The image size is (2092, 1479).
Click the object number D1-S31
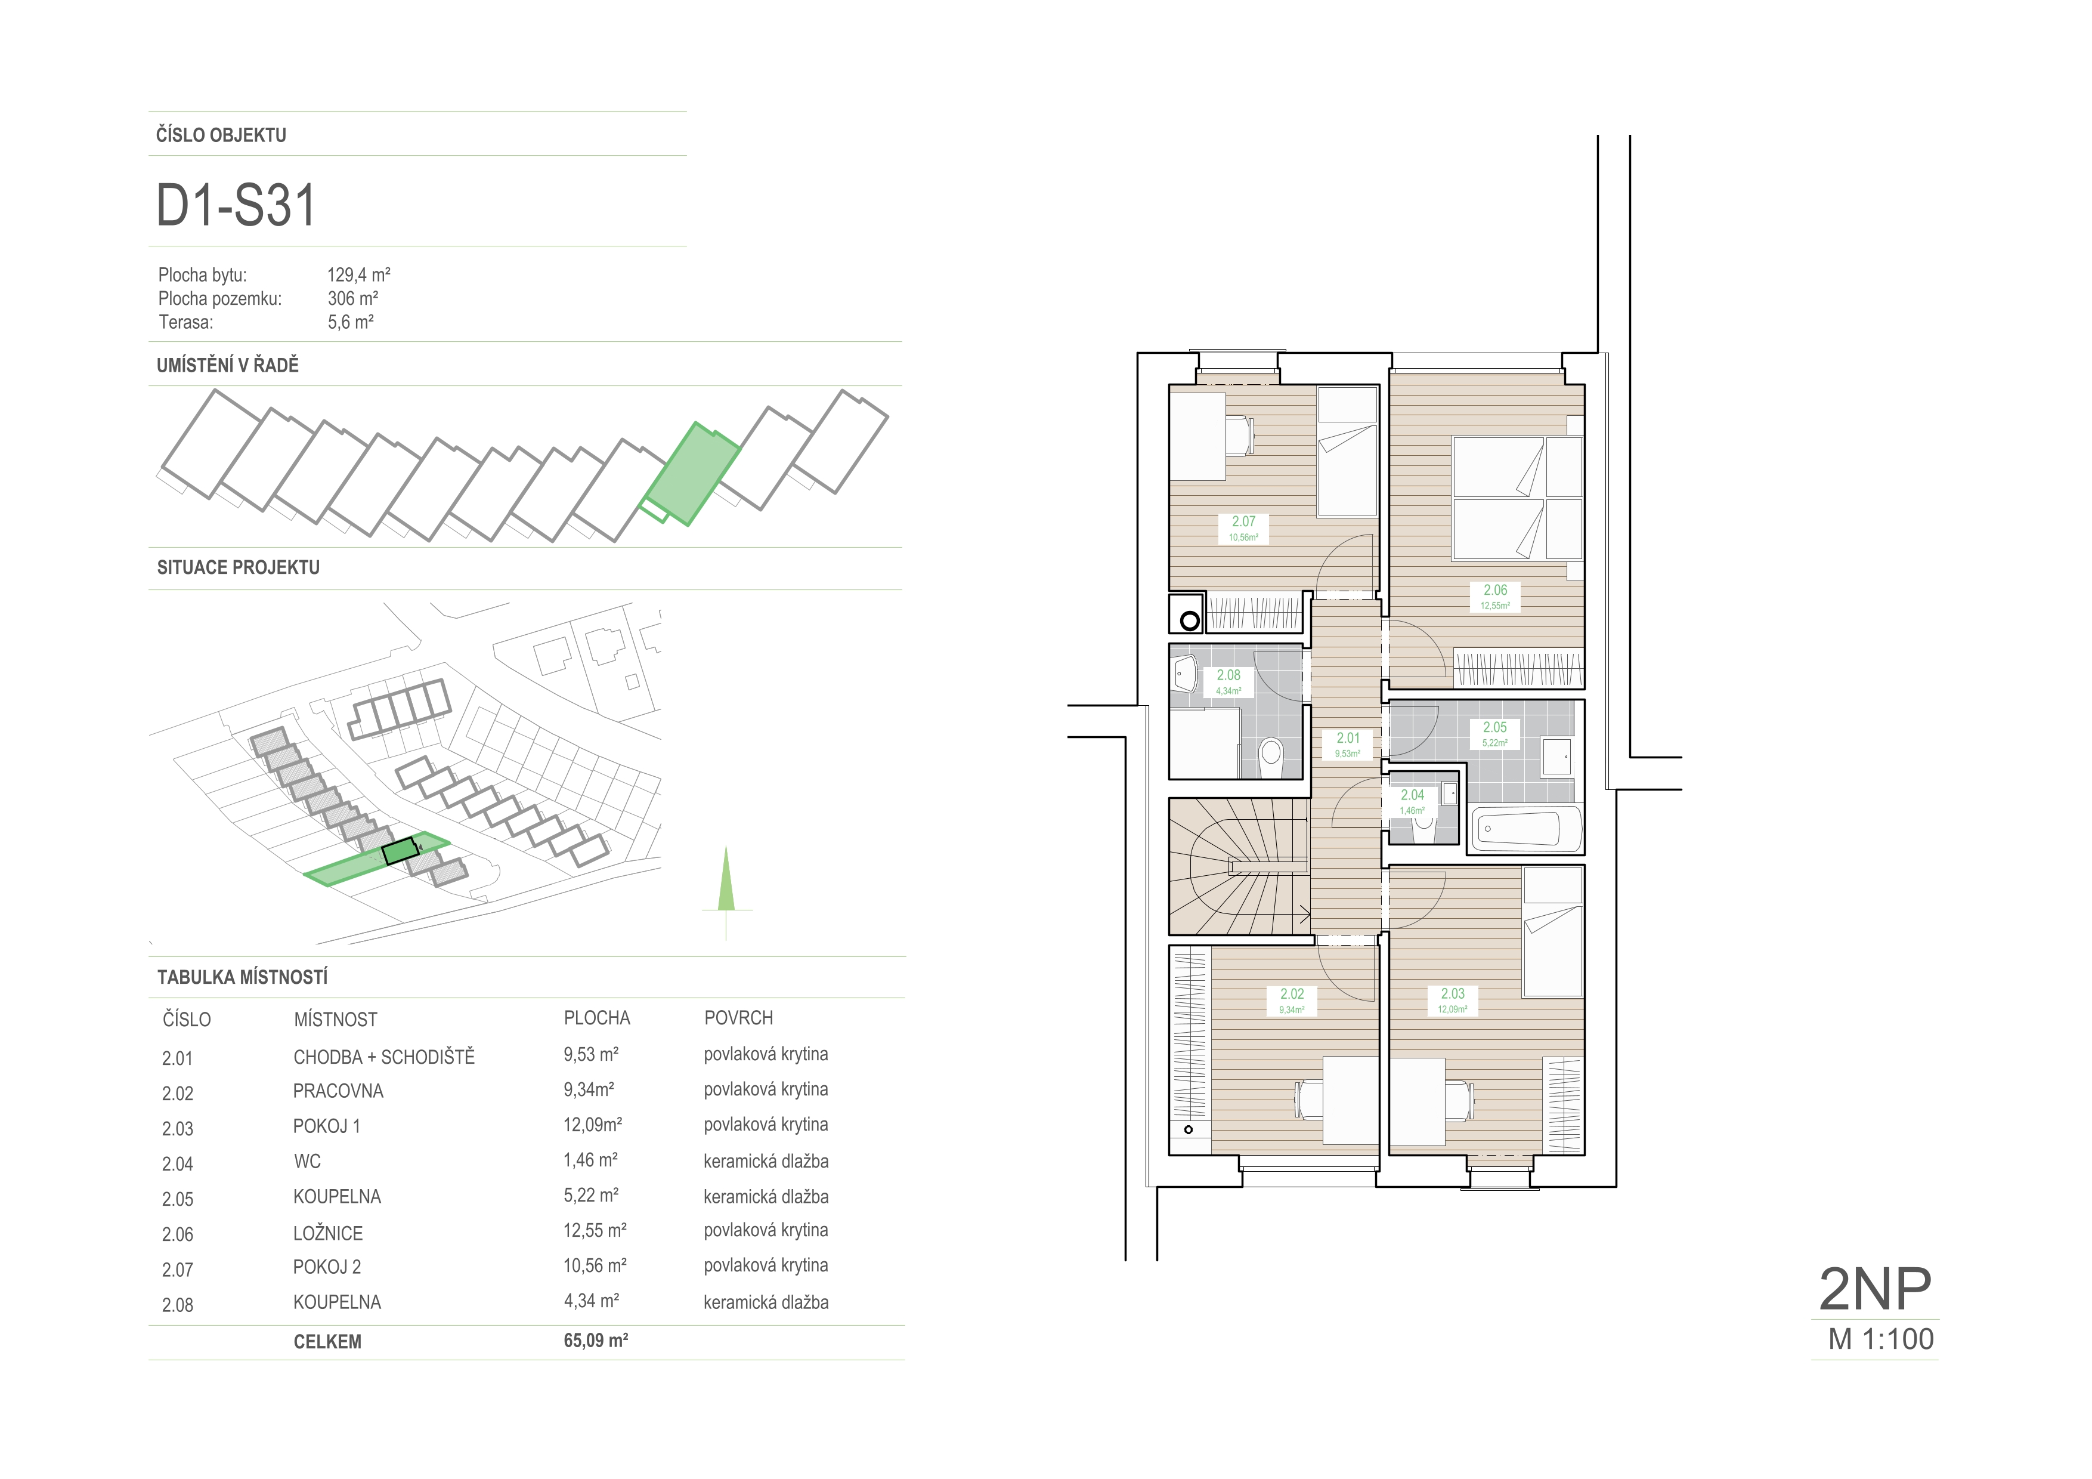point(236,205)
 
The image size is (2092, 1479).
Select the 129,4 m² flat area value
point(359,274)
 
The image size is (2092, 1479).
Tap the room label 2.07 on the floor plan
point(1244,521)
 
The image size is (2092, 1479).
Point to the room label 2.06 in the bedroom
point(1495,589)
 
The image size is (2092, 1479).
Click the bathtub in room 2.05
point(1527,828)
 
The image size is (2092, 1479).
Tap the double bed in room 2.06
point(1518,498)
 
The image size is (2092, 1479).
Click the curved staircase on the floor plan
point(1240,867)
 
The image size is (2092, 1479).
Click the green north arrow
point(726,879)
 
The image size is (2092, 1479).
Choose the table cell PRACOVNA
point(338,1091)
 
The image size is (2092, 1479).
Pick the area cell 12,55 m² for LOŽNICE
point(595,1230)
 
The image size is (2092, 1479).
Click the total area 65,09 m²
point(596,1341)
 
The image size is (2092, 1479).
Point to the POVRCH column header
point(738,1018)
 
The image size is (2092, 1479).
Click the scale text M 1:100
point(1881,1339)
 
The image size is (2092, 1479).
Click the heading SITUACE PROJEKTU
point(239,568)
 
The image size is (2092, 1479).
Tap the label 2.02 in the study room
point(1292,994)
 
